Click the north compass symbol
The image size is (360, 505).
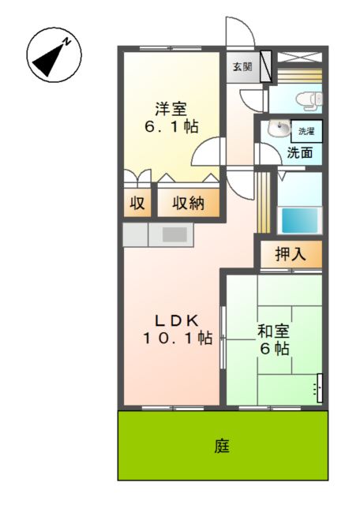point(54,54)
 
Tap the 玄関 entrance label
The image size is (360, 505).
point(242,67)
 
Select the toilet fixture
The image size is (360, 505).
point(306,99)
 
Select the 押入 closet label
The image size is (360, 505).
point(289,254)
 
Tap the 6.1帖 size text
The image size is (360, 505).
point(170,126)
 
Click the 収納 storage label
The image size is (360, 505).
point(188,203)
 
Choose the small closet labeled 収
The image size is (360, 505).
point(137,203)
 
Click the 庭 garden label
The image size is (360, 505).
point(222,447)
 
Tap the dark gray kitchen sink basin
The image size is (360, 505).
point(175,234)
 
